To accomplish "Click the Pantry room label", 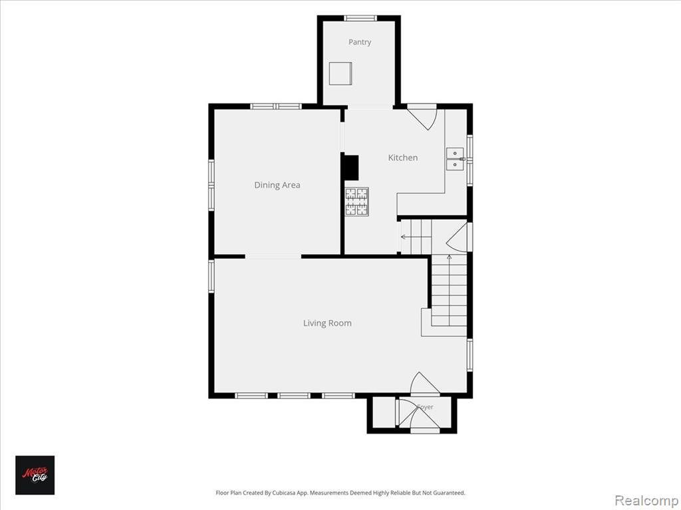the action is [x=360, y=42].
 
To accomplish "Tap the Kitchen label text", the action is [x=402, y=158].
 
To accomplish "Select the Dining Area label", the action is [x=277, y=185].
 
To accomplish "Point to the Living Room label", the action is [x=327, y=323].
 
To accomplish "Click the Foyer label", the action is [x=425, y=407].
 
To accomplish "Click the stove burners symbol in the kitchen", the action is [x=357, y=202].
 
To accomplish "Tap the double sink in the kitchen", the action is [x=455, y=159].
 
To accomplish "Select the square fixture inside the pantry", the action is [x=340, y=73].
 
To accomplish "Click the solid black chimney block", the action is [x=350, y=167].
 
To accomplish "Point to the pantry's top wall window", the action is [x=360, y=18].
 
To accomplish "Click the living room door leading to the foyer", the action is [x=425, y=384].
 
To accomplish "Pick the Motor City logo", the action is [x=35, y=475].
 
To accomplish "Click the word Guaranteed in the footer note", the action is [x=450, y=493].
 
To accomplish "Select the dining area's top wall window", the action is [x=276, y=106].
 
